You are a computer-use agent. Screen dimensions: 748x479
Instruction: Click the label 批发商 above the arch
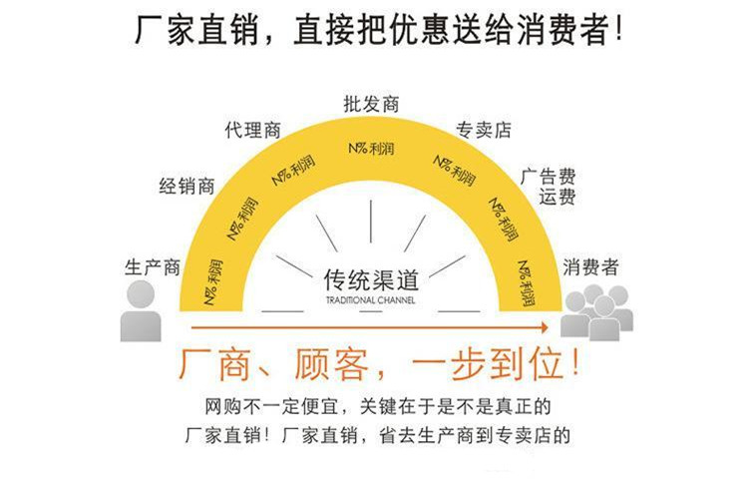(371, 104)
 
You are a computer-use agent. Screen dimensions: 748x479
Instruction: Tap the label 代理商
(253, 130)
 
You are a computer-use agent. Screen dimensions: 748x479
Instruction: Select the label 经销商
(187, 186)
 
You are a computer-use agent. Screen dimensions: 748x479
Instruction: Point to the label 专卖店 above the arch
(484, 130)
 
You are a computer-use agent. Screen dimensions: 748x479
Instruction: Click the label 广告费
(549, 176)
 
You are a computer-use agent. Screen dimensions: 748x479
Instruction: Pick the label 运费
(558, 196)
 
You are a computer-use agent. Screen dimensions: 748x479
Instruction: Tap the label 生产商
(153, 267)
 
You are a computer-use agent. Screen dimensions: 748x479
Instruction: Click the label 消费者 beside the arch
(590, 266)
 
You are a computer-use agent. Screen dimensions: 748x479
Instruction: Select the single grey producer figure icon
(141, 311)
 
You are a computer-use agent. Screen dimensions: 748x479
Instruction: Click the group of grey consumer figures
(596, 312)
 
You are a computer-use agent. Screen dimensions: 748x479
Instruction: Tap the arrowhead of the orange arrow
(544, 327)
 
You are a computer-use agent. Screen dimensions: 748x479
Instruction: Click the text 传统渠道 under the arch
(371, 279)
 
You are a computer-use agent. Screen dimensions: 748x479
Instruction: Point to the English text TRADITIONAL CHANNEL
(371, 300)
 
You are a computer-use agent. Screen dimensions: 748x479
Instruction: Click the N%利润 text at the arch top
(372, 149)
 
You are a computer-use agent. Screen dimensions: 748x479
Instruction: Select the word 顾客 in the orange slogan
(331, 365)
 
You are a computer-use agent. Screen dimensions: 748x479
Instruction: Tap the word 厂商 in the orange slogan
(215, 365)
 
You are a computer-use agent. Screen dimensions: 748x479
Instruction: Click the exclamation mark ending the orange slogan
(575, 363)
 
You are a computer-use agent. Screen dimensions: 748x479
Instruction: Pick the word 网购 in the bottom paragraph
(223, 406)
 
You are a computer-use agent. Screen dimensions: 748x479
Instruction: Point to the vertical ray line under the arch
(371, 222)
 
